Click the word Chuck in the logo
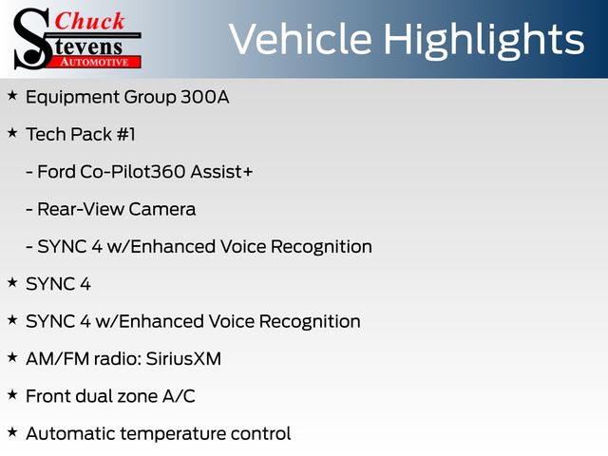[x=89, y=21]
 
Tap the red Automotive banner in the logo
[x=95, y=62]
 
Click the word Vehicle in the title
[x=300, y=39]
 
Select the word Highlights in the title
[x=484, y=41]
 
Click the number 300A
[x=205, y=97]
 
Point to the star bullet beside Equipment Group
[x=12, y=95]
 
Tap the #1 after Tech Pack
[x=125, y=135]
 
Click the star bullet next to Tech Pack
[x=12, y=133]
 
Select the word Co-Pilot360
[x=133, y=172]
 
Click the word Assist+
[x=221, y=172]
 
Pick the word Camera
[x=162, y=209]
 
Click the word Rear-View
[x=80, y=209]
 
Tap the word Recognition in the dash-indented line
[x=321, y=247]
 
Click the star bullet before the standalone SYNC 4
[x=12, y=283]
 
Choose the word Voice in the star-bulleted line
[x=231, y=321]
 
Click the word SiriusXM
[x=183, y=359]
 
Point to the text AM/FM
[x=58, y=359]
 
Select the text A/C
[x=179, y=396]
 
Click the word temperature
[x=173, y=434]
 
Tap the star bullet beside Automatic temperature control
[x=12, y=432]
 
